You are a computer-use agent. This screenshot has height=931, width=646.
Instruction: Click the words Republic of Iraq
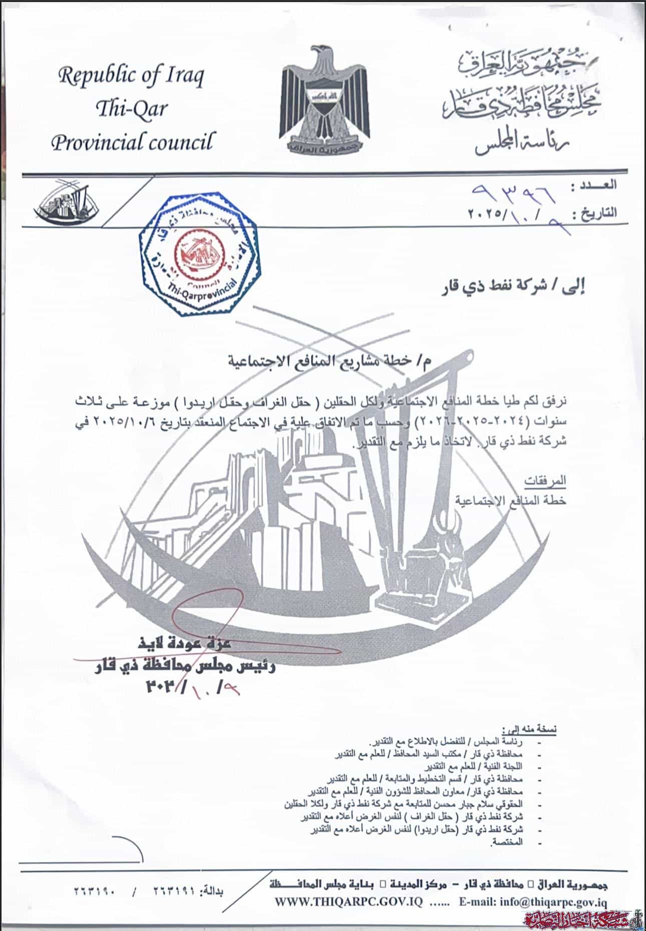click(131, 76)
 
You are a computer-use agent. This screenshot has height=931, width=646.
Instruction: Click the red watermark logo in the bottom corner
click(581, 919)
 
